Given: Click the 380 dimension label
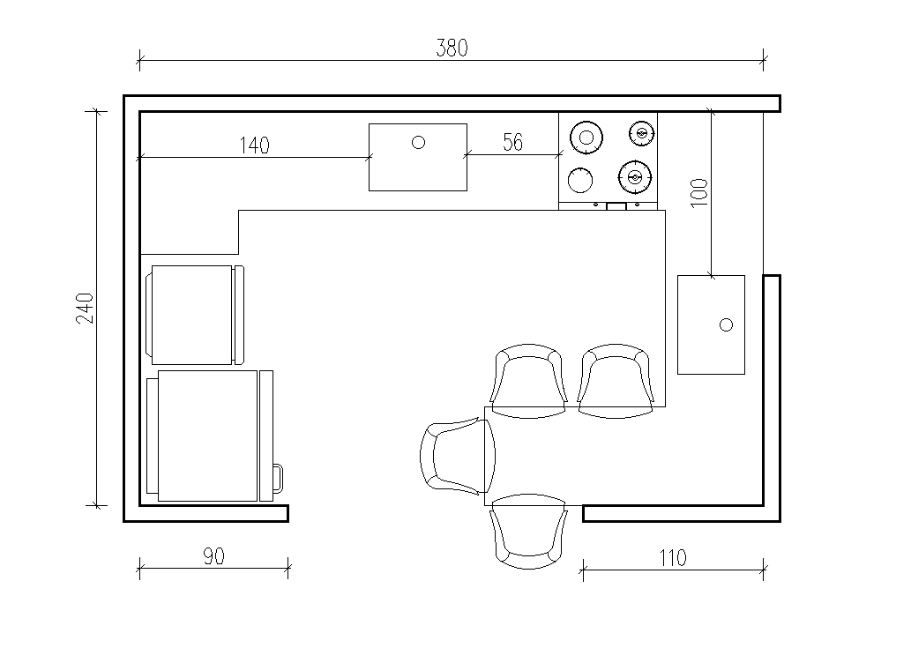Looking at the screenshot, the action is (452, 48).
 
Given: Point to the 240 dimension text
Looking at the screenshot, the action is (85, 308).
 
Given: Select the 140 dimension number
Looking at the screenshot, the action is (255, 145).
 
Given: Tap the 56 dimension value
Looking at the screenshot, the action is (513, 142).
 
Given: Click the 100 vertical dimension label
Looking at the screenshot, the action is (699, 193).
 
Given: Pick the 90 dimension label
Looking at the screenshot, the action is (213, 556).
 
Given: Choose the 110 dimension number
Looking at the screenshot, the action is (673, 558).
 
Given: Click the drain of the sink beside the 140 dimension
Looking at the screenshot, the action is (418, 142).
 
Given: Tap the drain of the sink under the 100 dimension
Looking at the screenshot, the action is (727, 324).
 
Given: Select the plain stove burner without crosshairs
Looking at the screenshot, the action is (579, 180).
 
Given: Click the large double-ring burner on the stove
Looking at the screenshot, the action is (586, 138).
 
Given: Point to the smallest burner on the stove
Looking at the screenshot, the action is (641, 133).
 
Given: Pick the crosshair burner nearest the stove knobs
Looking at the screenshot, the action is (635, 176).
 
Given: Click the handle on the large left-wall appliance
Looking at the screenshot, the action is (279, 478).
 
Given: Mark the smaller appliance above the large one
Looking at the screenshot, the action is (195, 315).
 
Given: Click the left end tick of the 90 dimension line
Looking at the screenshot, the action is (139, 568).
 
